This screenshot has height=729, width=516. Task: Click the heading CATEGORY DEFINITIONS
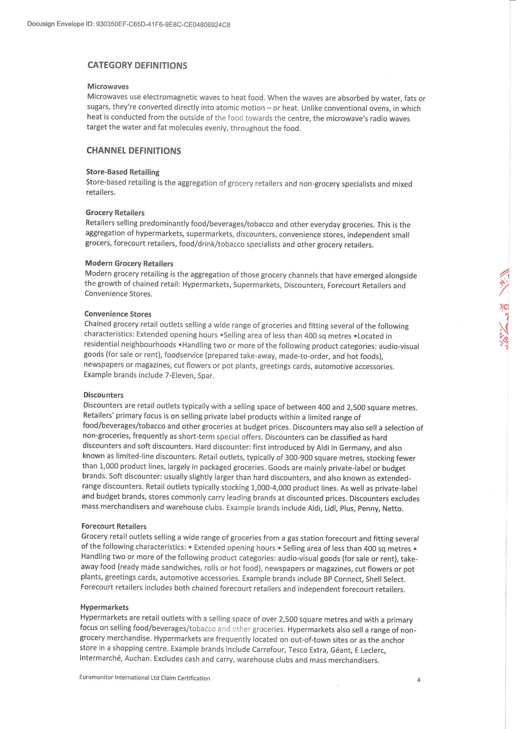(137, 66)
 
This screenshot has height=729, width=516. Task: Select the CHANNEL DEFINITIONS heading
(134, 151)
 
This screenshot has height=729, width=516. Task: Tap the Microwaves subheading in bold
(108, 86)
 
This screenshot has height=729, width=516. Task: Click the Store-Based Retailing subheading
(123, 172)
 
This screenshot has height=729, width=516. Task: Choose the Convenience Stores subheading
(118, 314)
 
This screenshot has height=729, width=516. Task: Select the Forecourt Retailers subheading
(114, 526)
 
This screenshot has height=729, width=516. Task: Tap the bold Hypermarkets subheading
(104, 607)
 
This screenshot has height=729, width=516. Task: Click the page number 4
(418, 680)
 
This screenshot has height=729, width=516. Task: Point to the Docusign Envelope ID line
(129, 25)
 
